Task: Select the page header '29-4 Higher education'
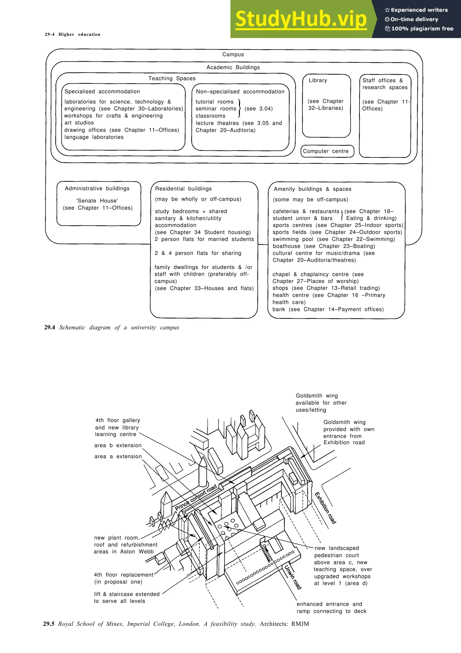72,34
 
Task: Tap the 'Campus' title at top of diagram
233,54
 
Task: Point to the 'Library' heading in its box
318,80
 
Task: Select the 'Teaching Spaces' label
172,78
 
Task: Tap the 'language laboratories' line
94,137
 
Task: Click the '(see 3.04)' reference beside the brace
258,109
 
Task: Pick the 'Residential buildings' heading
183,189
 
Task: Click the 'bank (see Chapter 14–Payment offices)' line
328,309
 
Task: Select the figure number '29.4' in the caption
50,327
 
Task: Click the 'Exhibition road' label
325,508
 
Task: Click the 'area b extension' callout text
118,446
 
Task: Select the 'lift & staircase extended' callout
127,594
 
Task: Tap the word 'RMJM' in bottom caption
300,624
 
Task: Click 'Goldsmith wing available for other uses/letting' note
321,403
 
